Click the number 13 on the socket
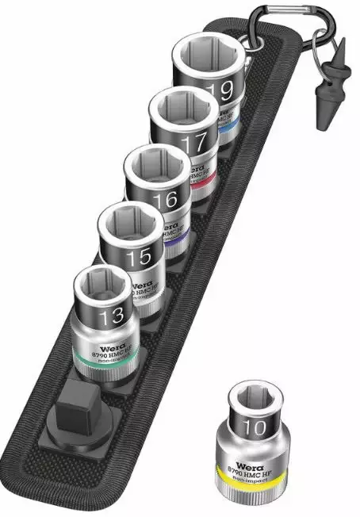point(111,316)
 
